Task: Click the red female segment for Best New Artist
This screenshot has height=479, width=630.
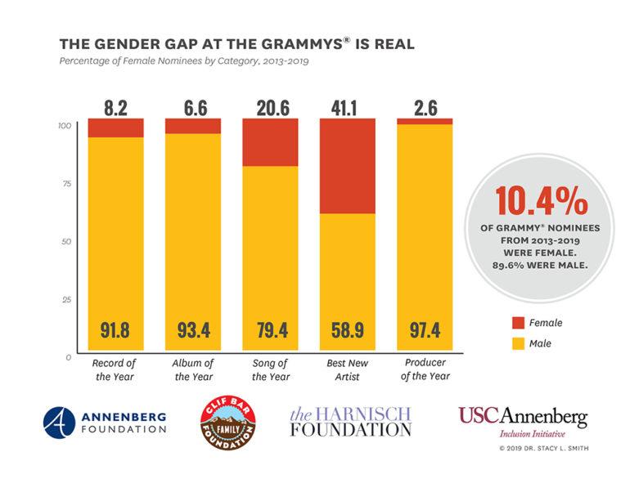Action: pos(347,165)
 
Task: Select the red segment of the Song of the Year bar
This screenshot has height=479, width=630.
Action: pos(270,141)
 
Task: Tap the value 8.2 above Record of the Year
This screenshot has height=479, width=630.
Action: pos(115,106)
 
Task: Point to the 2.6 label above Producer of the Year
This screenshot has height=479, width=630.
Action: pos(424,106)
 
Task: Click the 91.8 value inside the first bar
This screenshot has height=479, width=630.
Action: pos(115,331)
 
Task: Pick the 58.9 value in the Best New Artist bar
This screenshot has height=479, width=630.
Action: pos(347,331)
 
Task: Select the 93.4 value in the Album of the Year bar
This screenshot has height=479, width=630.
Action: pos(193,331)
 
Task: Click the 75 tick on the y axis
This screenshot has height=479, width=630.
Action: pos(66,184)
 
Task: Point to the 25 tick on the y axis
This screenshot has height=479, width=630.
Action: pos(66,300)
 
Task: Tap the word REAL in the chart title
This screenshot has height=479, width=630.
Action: pos(389,44)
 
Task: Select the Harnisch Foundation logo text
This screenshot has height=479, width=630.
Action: pos(350,422)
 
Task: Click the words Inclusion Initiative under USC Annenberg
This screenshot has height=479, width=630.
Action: pos(521,434)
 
